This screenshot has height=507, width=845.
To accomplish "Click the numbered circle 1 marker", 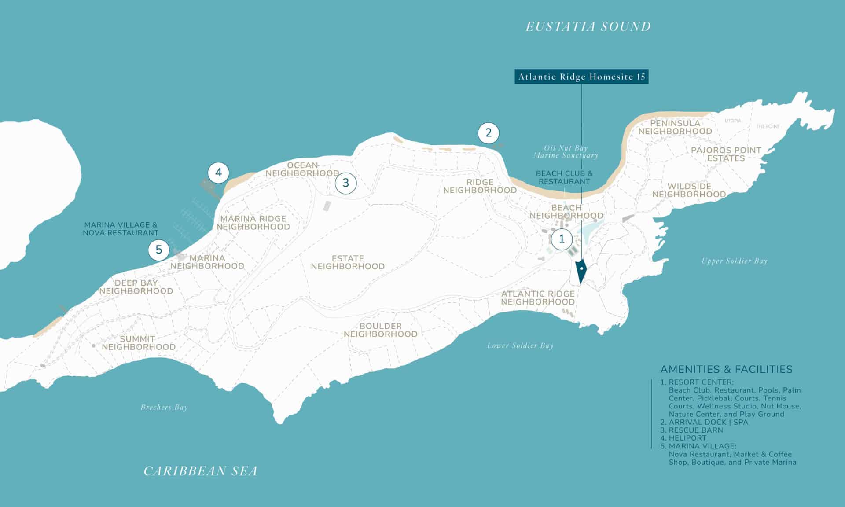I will (562, 239).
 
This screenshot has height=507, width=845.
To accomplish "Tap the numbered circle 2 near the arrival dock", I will (488, 132).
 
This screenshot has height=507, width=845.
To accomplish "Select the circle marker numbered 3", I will (345, 183).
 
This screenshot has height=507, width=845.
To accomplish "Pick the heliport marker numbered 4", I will (219, 173).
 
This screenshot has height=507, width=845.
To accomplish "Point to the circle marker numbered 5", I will (159, 250).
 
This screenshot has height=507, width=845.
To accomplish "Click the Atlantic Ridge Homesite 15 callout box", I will (581, 77).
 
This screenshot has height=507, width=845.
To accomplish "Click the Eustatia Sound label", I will (588, 27).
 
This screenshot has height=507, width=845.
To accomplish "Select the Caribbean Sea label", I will (201, 471).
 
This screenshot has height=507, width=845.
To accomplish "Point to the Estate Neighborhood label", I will (348, 262).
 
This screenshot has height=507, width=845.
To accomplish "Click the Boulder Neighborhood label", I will (381, 330).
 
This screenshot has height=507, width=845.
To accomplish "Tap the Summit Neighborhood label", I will (138, 343).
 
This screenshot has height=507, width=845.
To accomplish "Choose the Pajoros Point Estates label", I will (726, 154).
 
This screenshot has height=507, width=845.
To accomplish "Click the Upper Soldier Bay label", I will (734, 261).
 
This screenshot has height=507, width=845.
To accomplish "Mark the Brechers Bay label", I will (164, 408).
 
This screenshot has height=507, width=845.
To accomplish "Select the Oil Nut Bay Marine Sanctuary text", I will (566, 152).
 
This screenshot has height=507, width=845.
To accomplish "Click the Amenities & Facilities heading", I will (726, 369).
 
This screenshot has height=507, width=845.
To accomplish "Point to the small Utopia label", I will (733, 121).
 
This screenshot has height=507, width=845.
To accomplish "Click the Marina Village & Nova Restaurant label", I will (121, 229).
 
